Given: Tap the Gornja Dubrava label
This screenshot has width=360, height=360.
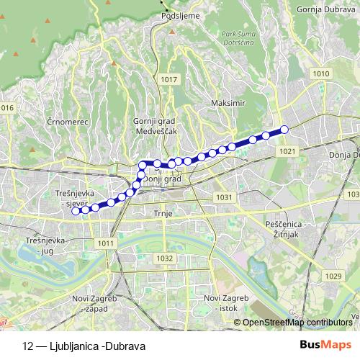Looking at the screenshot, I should (x=322, y=10).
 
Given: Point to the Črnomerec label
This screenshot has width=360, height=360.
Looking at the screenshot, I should (x=66, y=122).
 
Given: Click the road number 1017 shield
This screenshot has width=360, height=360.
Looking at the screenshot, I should (x=170, y=78).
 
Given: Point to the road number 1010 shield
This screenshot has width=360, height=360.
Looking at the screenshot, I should (x=321, y=74).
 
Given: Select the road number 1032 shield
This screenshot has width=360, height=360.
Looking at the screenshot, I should (x=165, y=258).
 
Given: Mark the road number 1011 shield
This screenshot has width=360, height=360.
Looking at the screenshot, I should (x=106, y=243).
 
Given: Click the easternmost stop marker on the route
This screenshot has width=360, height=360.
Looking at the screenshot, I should (x=284, y=129).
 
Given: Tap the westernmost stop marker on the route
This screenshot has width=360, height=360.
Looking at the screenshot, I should (x=76, y=210).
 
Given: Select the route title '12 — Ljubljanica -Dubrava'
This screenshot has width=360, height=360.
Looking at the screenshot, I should (x=84, y=346).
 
